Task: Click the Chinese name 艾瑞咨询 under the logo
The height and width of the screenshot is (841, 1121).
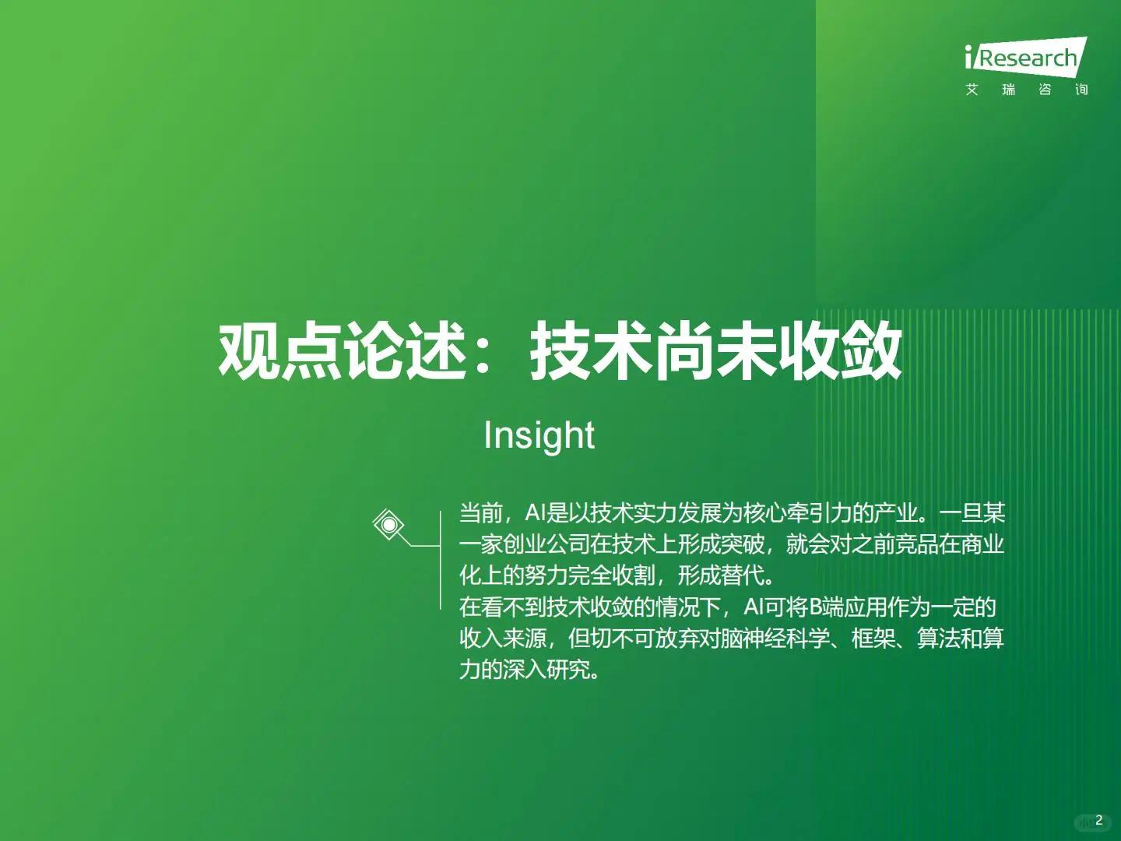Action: coord(1026,90)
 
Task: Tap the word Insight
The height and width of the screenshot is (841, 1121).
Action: coord(539,435)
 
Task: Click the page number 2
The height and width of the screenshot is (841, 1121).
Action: coord(1098,820)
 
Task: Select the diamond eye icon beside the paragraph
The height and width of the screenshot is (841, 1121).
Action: coord(388,525)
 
